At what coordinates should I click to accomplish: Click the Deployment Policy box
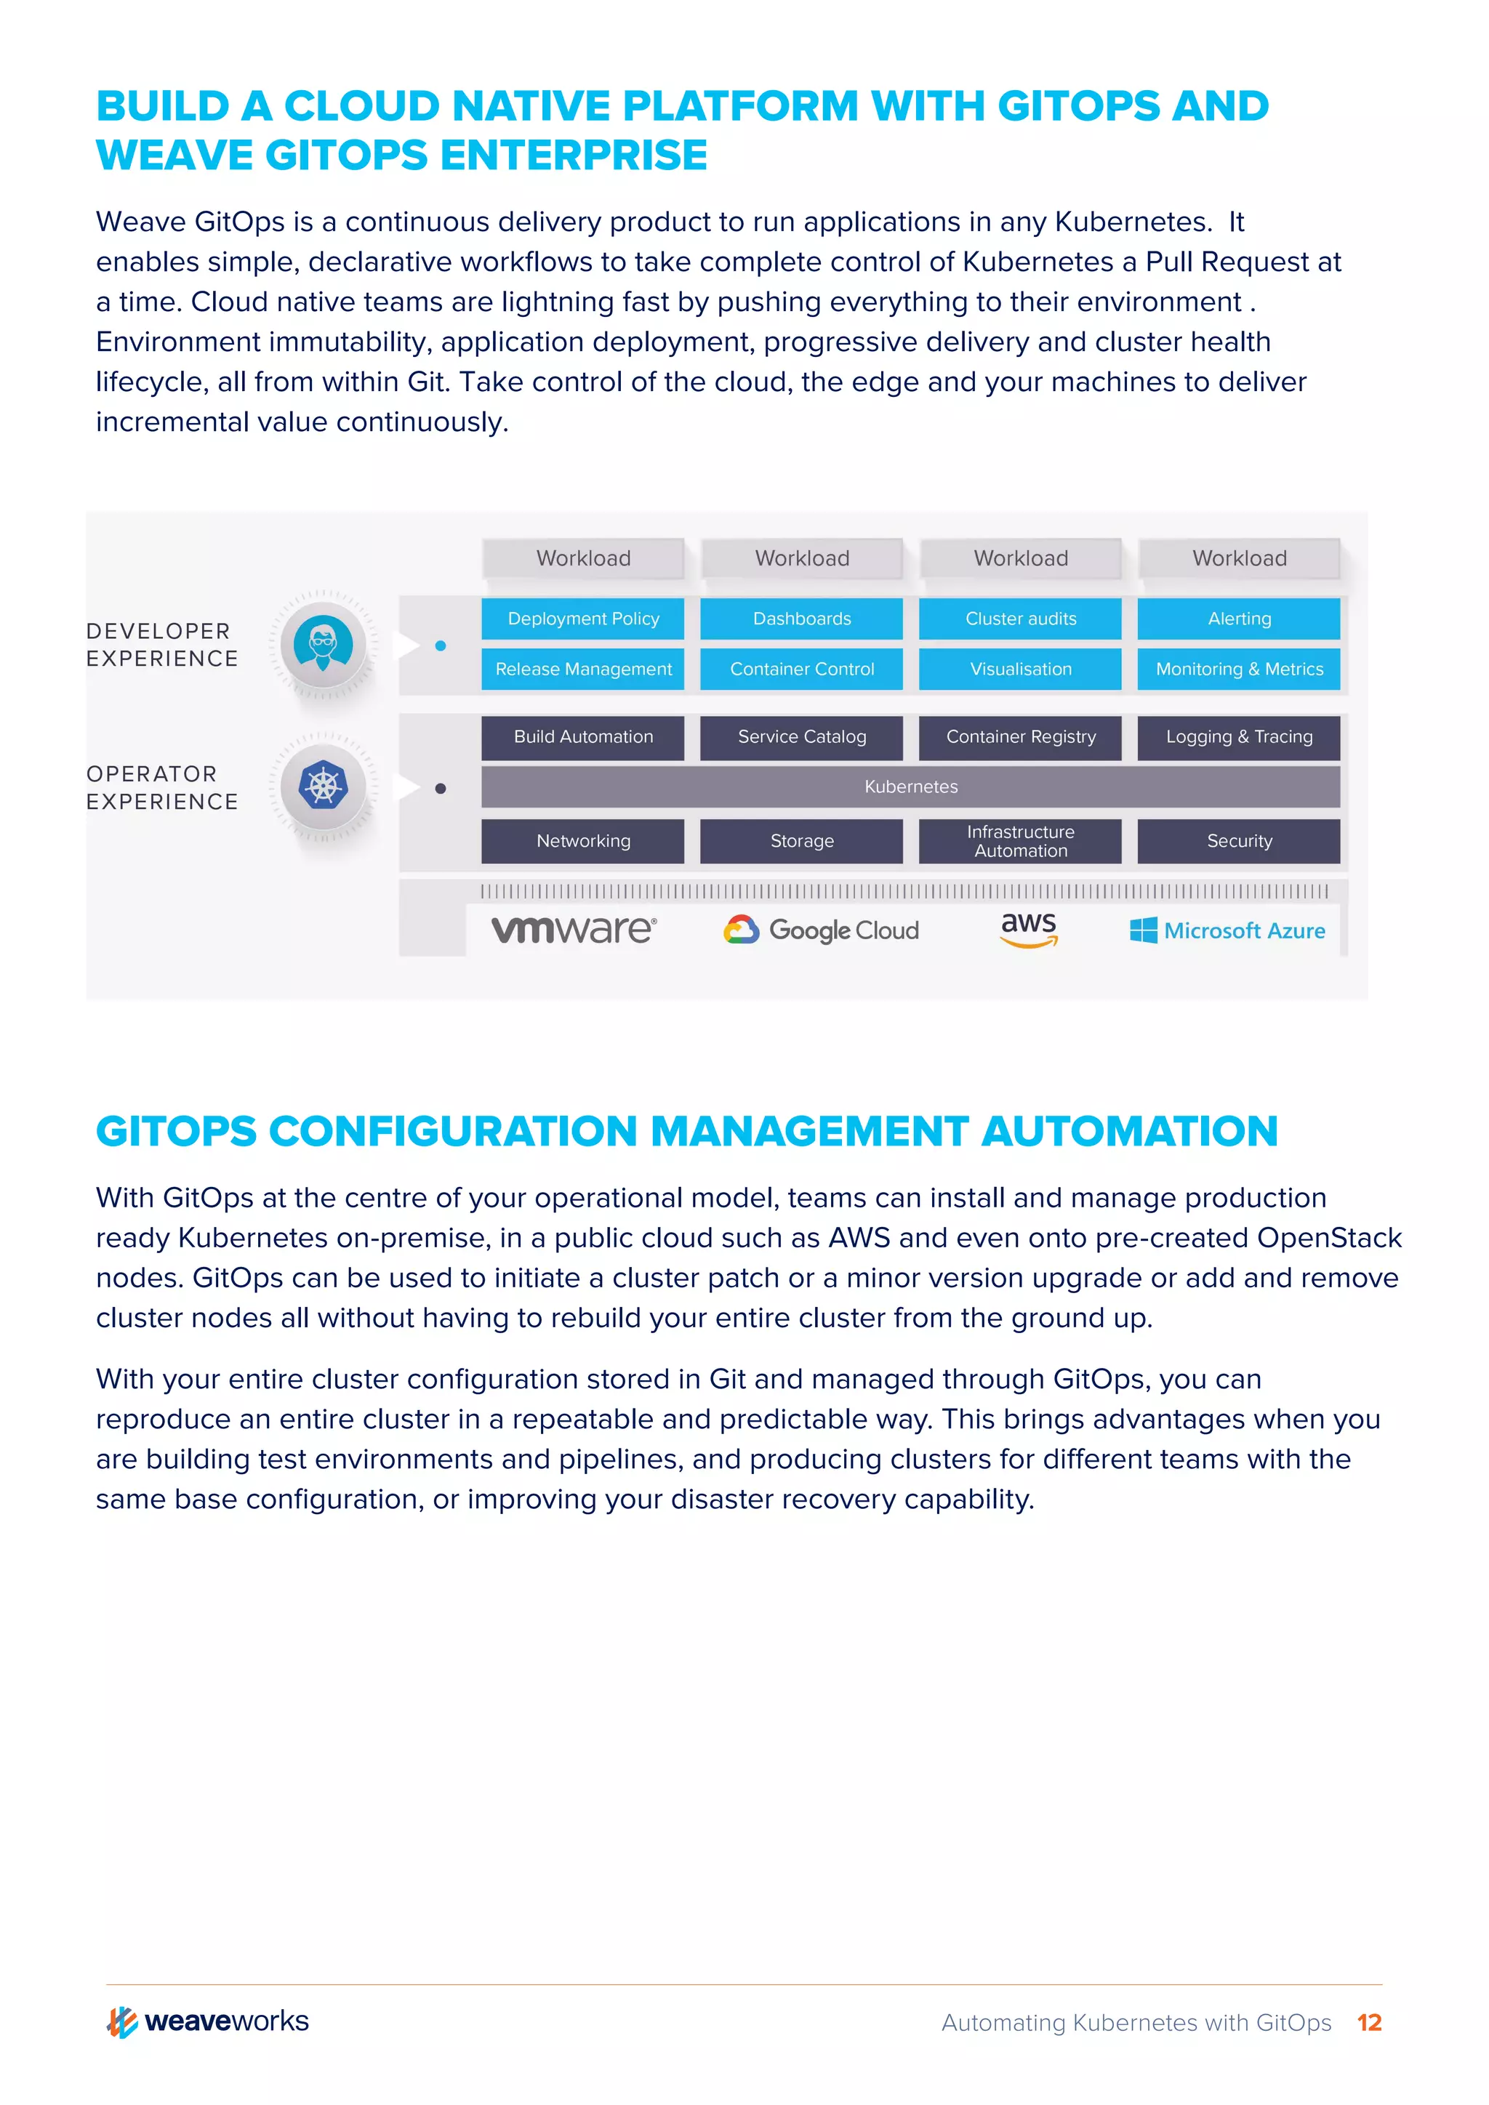pos(582,619)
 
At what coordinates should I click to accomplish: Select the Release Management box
pos(582,669)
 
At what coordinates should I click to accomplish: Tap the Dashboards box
pos(801,619)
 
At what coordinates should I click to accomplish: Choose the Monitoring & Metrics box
pos(1239,669)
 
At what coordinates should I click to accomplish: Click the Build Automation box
pos(582,737)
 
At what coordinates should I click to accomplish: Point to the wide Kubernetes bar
pos(910,786)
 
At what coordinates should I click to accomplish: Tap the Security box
pos(1239,841)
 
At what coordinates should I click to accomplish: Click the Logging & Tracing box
pos(1239,737)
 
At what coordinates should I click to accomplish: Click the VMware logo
pos(574,930)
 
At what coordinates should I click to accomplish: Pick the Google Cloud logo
pos(821,930)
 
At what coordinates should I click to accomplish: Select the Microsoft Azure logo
pos(1228,930)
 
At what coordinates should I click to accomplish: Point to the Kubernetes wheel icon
pos(323,786)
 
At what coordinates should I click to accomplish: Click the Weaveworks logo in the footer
pos(208,2021)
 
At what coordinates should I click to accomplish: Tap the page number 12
pos(1369,2022)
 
